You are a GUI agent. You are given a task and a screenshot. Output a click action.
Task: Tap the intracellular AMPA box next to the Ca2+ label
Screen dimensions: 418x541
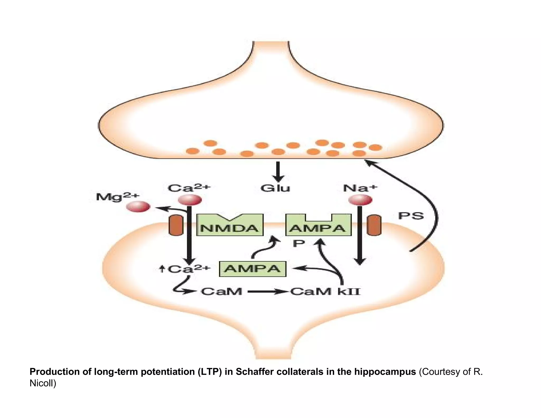click(x=253, y=269)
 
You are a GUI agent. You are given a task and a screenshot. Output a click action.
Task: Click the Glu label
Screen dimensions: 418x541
click(x=275, y=188)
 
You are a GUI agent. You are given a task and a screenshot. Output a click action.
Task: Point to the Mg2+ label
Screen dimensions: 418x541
click(x=117, y=197)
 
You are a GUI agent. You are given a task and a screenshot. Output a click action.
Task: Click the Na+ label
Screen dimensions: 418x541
click(x=360, y=188)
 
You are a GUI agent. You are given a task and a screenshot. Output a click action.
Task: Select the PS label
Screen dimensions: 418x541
click(x=411, y=216)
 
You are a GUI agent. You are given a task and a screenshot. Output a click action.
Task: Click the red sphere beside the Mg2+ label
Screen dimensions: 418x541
click(x=138, y=207)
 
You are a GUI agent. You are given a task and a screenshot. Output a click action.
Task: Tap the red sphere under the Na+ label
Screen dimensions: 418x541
click(x=360, y=200)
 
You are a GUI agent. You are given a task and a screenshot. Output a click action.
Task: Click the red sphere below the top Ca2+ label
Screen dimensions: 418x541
click(x=190, y=200)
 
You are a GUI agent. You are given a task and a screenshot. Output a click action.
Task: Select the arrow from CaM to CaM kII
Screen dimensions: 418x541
click(x=267, y=292)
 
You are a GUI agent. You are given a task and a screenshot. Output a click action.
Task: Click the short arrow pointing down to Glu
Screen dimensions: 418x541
click(x=278, y=172)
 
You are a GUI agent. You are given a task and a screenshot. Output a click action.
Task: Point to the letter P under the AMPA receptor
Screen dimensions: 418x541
click(x=299, y=243)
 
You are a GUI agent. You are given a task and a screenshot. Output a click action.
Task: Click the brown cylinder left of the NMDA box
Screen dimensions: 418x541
click(x=176, y=225)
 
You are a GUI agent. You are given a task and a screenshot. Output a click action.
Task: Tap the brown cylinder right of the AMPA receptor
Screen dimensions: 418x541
click(x=374, y=225)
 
